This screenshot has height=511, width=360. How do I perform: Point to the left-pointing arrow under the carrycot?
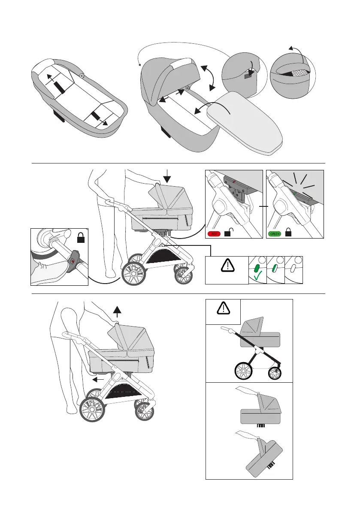99,379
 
